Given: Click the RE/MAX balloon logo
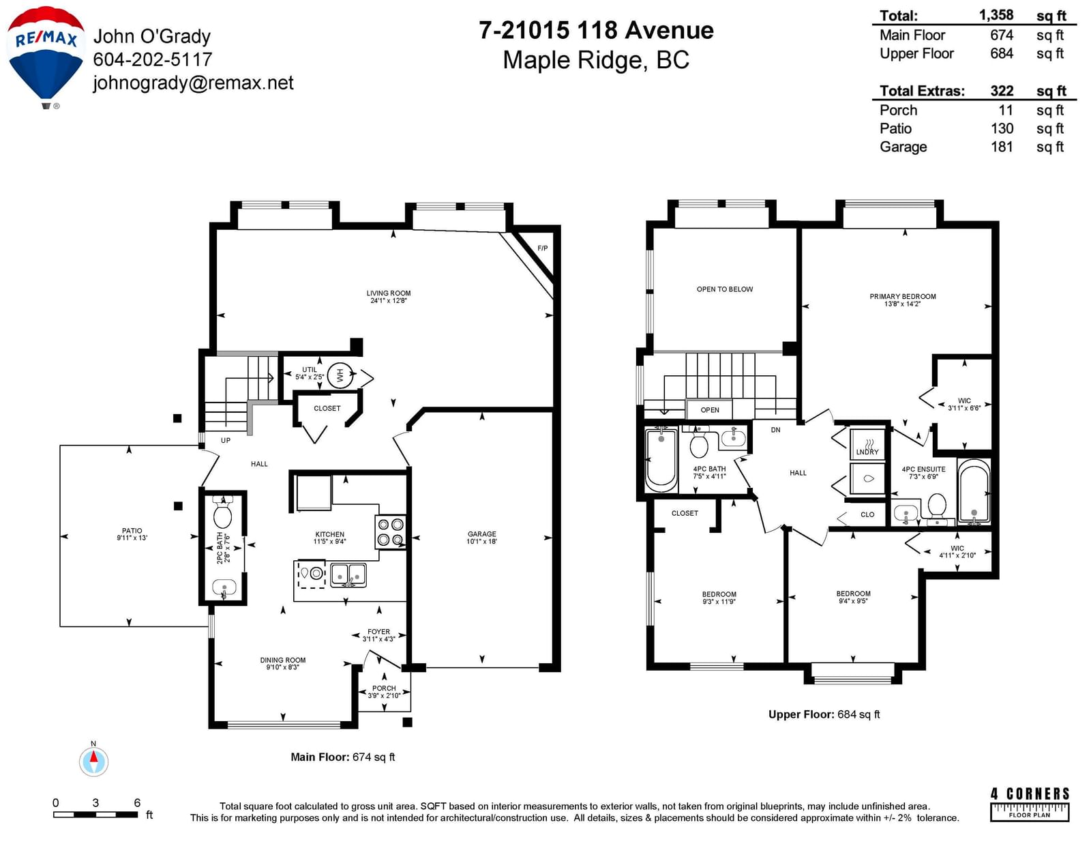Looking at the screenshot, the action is click(x=45, y=56).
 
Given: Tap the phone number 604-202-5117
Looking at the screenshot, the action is click(x=153, y=59).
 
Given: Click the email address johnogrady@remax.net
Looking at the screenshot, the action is click(x=193, y=83).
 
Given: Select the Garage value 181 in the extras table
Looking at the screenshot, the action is click(x=1002, y=147).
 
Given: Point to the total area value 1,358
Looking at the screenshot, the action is click(x=996, y=15).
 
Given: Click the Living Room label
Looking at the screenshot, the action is click(x=389, y=297).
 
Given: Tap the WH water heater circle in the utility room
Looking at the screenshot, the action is click(x=340, y=375).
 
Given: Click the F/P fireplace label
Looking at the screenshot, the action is click(x=542, y=248).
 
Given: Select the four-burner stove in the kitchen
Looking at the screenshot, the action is click(x=390, y=532).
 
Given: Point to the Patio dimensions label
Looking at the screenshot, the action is click(x=132, y=538).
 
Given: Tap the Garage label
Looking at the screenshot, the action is click(x=482, y=534).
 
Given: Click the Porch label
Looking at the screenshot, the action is click(x=384, y=688).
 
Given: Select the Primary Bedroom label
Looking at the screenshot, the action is click(x=903, y=296).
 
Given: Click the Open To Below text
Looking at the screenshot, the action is click(x=724, y=289).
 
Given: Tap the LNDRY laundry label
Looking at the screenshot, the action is click(x=867, y=452).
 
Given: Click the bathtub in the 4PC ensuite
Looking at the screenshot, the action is click(x=974, y=491).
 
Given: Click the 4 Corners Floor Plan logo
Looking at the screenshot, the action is click(x=1030, y=804).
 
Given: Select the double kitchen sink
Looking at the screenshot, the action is click(x=348, y=575).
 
